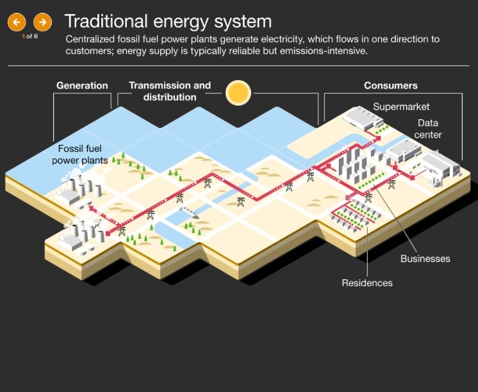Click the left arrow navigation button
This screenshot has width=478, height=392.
pyautogui.click(x=16, y=22)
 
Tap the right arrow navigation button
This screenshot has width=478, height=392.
pyautogui.click(x=42, y=22)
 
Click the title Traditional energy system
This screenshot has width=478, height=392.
pyautogui.click(x=168, y=22)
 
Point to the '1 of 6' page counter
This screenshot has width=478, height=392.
pyautogui.click(x=29, y=37)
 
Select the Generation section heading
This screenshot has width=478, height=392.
pyautogui.click(x=82, y=85)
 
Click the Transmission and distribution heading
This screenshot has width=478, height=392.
pyautogui.click(x=170, y=91)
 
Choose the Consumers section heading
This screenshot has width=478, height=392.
pyautogui.click(x=390, y=85)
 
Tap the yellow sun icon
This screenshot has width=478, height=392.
pyautogui.click(x=238, y=93)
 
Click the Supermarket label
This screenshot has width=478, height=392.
pyautogui.click(x=401, y=106)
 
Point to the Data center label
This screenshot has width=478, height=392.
pyautogui.click(x=429, y=129)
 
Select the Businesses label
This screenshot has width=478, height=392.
pyautogui.click(x=425, y=259)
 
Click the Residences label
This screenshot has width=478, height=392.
pyautogui.click(x=367, y=282)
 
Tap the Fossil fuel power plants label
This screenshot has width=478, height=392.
pyautogui.click(x=80, y=154)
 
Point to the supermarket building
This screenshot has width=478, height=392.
pyautogui.click(x=362, y=118)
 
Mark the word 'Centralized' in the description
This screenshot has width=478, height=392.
pyautogui.click(x=91, y=39)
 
